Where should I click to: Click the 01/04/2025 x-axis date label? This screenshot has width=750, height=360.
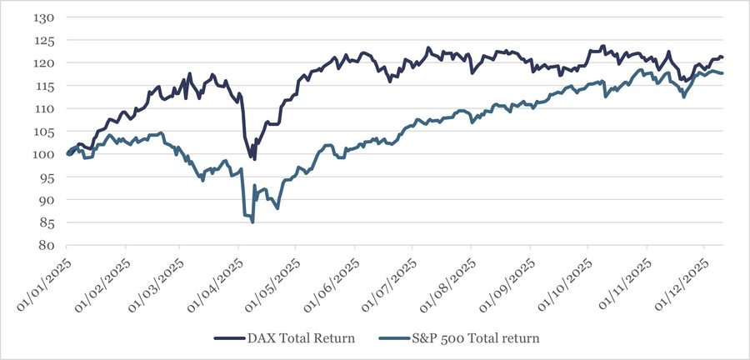(216, 283)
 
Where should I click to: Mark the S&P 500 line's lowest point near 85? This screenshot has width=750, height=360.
(252, 222)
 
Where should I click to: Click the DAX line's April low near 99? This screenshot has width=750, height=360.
(254, 158)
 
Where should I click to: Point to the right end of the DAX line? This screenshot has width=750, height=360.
(722, 57)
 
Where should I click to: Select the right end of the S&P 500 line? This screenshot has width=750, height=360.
(722, 73)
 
